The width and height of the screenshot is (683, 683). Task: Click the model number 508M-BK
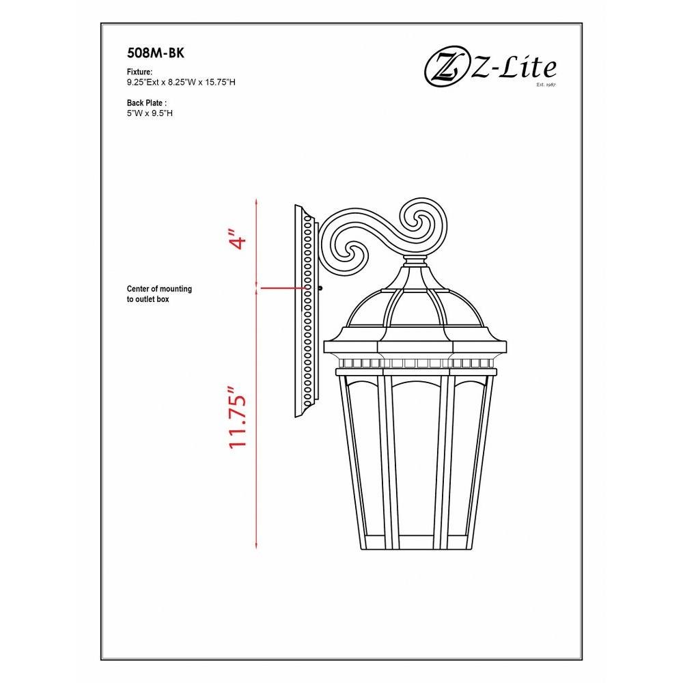[156, 53]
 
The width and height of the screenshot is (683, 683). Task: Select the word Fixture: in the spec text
[139, 72]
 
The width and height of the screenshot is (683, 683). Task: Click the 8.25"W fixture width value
[180, 82]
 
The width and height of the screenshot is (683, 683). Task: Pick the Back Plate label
[147, 103]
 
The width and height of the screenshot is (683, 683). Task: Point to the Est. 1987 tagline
[546, 85]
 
